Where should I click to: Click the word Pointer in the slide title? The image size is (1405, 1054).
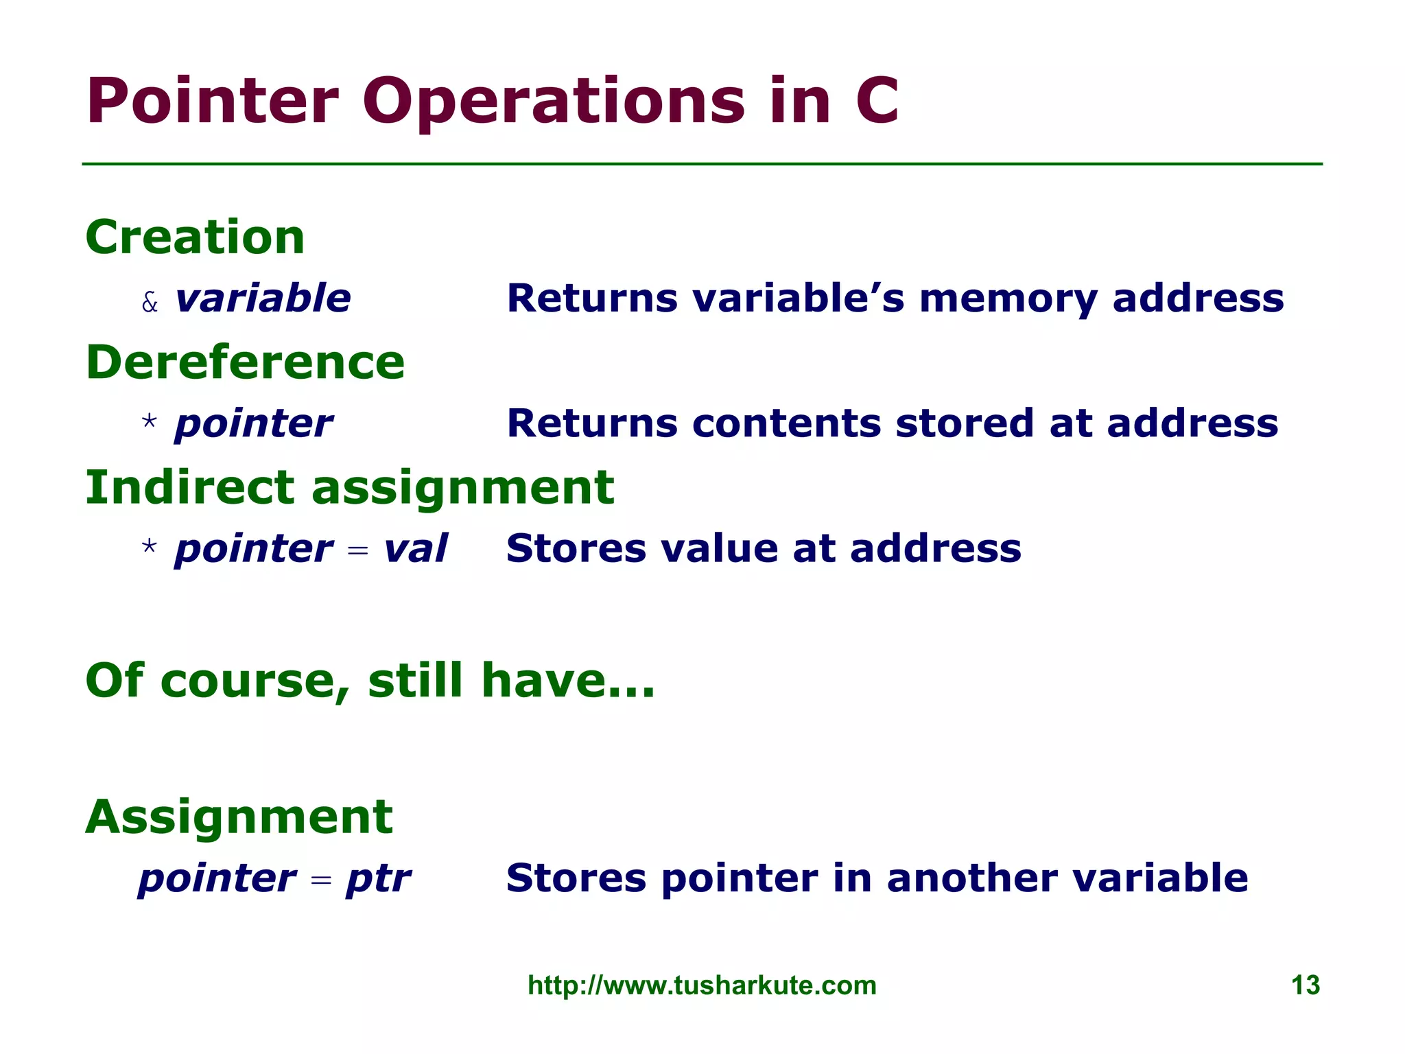click(x=212, y=102)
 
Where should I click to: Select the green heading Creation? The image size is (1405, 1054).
click(x=195, y=237)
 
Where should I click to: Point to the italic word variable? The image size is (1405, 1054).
click(x=263, y=298)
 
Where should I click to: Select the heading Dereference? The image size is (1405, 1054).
click(x=245, y=362)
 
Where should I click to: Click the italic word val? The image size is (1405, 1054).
click(x=415, y=549)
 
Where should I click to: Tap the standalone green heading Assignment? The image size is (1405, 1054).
click(x=239, y=817)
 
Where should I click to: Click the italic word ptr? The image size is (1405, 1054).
click(x=378, y=879)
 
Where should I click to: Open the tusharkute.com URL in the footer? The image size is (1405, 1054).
click(x=702, y=985)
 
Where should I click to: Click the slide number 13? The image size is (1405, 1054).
click(x=1305, y=985)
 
